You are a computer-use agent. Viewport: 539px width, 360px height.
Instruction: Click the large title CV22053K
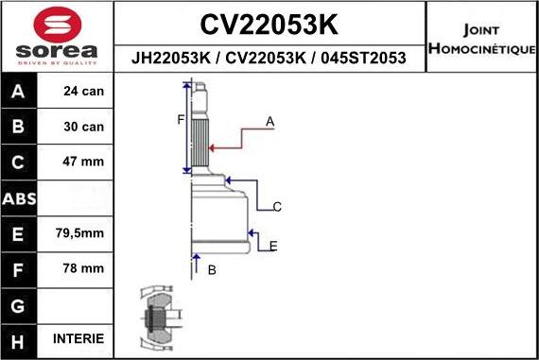coord(269,22)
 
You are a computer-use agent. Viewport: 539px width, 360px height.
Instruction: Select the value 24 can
coord(82,92)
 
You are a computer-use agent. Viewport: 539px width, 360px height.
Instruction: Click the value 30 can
coord(82,127)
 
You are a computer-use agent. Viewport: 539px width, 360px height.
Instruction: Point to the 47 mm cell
coord(82,162)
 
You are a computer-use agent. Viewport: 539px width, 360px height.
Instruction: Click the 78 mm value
coord(82,268)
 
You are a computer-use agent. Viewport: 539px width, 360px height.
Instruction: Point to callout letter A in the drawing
coord(269,121)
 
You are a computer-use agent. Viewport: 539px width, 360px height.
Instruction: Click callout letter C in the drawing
coord(277,206)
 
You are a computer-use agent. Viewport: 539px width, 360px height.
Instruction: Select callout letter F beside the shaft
coord(180,119)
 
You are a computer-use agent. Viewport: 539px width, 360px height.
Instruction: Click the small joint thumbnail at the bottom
coord(155,317)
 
